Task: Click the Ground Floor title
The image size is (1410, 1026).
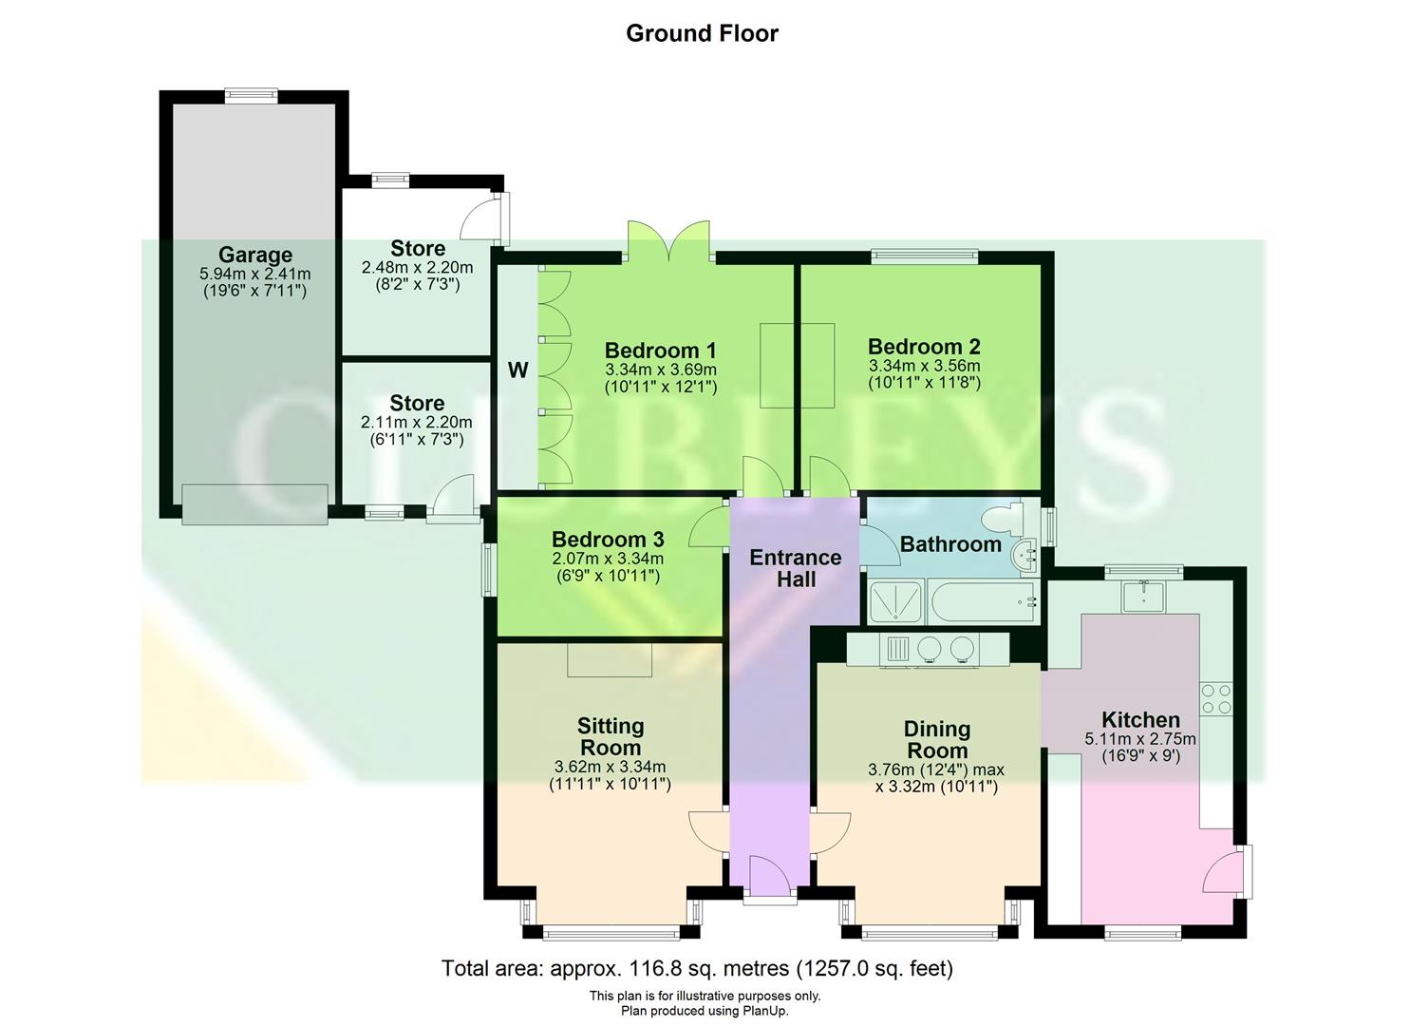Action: point(702,33)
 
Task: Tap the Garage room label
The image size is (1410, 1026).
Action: point(254,255)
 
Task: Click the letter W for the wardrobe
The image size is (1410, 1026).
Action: point(517,370)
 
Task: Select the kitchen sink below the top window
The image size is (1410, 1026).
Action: point(1143,597)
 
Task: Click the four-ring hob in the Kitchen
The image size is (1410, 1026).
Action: point(1216,699)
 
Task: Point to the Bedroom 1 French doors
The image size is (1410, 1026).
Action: point(668,239)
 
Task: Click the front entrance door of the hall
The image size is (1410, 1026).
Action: point(770,876)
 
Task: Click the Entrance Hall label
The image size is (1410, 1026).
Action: point(796,568)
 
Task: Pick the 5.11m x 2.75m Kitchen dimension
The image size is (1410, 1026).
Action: point(1139,739)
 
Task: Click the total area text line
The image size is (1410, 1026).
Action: point(697,968)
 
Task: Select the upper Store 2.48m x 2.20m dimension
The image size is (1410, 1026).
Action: point(417,268)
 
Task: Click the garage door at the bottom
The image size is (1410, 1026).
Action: point(255,503)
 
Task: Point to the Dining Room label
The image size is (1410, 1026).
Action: point(936,739)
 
